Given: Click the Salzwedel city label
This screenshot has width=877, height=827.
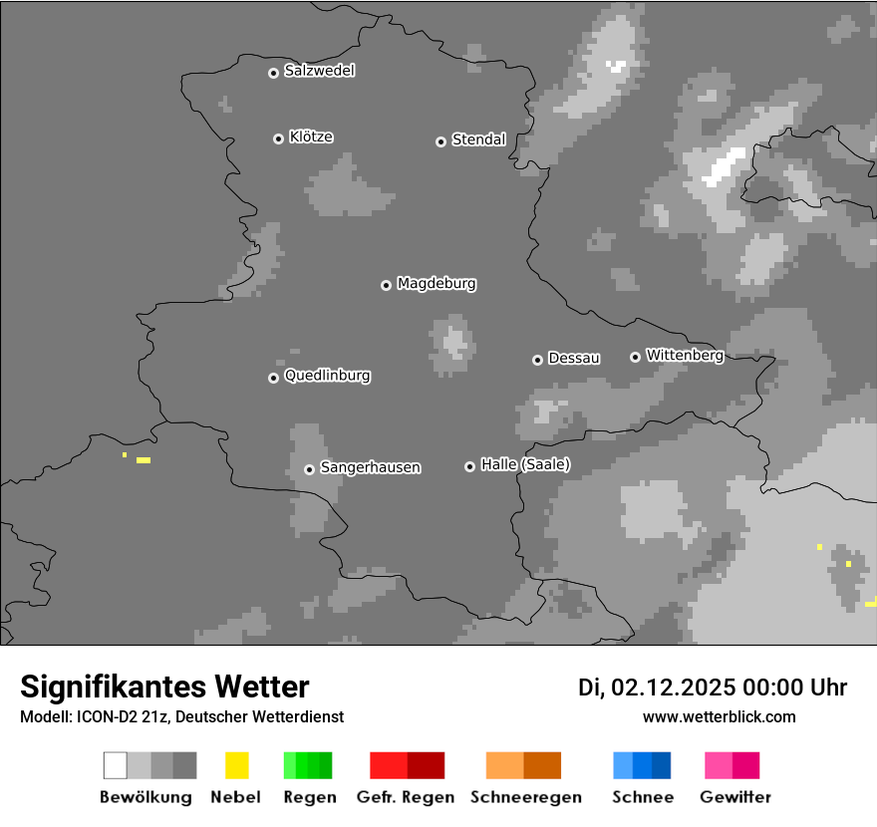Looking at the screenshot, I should (x=319, y=71).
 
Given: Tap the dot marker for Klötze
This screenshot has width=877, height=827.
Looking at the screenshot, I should (x=278, y=138).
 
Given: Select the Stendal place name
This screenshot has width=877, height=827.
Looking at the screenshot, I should (x=478, y=139).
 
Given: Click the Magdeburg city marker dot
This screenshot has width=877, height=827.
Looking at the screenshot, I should (x=386, y=285).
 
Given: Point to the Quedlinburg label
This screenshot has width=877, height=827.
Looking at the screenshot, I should (x=327, y=376).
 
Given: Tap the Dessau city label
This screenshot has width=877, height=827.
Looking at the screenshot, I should (x=574, y=358).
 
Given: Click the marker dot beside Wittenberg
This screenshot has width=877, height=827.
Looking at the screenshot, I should (x=635, y=357).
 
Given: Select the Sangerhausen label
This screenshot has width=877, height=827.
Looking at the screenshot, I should (x=370, y=467).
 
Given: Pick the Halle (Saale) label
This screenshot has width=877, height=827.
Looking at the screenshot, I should (x=525, y=464).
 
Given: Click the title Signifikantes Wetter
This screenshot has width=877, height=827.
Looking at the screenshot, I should (x=164, y=687).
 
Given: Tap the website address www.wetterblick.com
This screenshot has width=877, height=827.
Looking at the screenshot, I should (x=719, y=716).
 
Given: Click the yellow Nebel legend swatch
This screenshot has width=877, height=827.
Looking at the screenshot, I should (x=236, y=765).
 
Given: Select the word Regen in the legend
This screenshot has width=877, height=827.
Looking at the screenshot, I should (x=309, y=797).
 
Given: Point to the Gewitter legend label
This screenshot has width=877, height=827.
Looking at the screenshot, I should (x=735, y=797).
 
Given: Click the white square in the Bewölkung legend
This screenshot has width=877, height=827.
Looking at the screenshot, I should (x=116, y=765).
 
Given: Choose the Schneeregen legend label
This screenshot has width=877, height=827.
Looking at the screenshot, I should (x=525, y=797).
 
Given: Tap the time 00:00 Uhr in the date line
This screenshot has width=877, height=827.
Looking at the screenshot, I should (x=794, y=688).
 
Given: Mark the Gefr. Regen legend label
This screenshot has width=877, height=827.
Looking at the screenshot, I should (x=406, y=797).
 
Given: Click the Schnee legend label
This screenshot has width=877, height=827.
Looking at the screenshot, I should (x=643, y=797).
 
